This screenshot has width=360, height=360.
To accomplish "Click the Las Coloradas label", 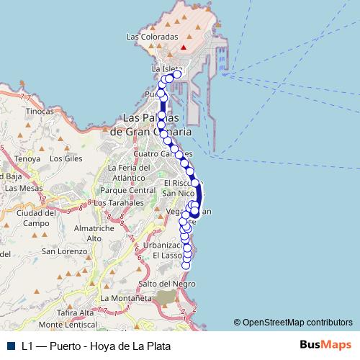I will tap(151, 36).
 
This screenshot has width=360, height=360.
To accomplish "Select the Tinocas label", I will tap(40, 112).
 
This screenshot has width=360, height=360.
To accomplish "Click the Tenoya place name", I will tap(27, 158).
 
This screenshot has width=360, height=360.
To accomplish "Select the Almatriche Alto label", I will tap(94, 233).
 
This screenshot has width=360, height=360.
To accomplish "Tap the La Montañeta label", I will tap(127, 297).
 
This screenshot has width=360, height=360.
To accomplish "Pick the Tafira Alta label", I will tap(76, 312).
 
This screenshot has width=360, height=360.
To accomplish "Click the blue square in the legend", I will tap(11, 346).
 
